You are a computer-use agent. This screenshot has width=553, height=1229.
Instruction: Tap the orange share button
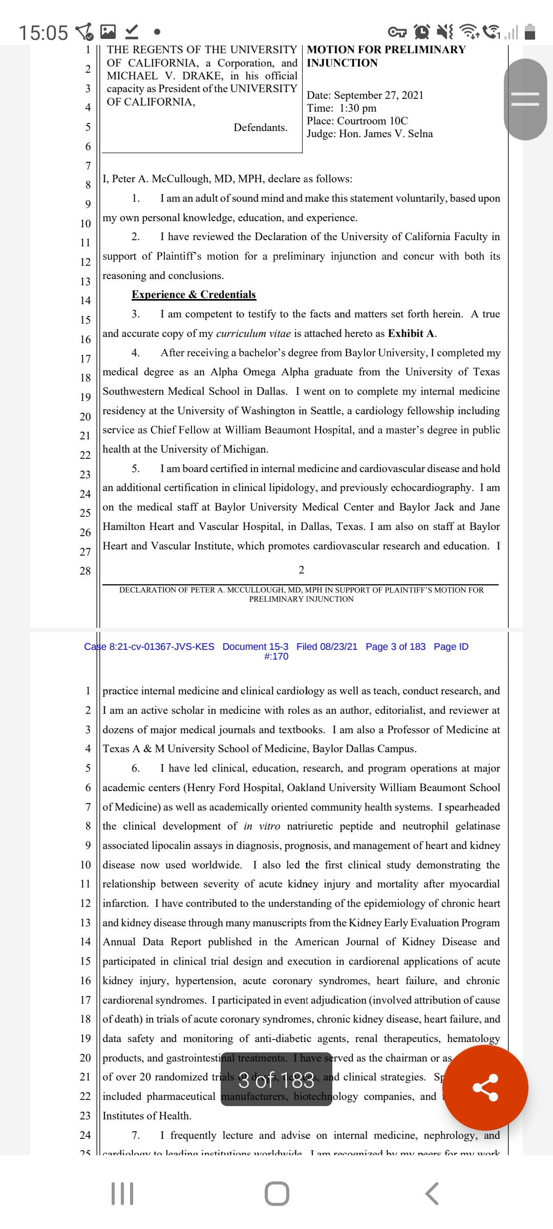click(x=485, y=1087)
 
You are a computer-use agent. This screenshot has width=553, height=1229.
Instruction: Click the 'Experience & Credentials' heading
click(x=194, y=294)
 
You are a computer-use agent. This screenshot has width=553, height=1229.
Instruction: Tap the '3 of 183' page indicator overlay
click(x=276, y=1080)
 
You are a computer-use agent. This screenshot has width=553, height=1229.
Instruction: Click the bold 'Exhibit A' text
click(x=411, y=333)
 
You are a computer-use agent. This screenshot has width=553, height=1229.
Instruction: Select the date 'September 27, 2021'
click(x=378, y=95)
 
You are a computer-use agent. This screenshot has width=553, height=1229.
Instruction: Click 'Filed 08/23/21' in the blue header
click(x=327, y=647)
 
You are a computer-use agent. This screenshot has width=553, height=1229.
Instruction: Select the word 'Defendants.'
click(x=260, y=128)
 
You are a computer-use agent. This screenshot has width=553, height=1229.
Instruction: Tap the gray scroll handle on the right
click(x=525, y=99)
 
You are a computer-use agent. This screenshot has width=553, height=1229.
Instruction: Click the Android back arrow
click(x=432, y=1194)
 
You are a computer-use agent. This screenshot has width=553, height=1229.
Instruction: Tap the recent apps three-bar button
click(x=122, y=1194)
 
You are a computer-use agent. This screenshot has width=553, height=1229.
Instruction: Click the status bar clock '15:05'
click(x=43, y=33)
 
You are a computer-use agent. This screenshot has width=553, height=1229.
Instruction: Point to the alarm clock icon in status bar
click(x=422, y=32)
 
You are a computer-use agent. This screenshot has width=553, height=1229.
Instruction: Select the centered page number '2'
click(x=302, y=570)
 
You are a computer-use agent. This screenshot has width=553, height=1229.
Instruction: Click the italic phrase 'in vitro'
click(x=262, y=826)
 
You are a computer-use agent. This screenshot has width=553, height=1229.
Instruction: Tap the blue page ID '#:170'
click(x=276, y=656)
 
